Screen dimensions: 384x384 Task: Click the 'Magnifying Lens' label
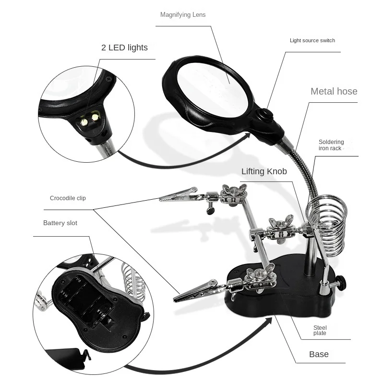[182, 15]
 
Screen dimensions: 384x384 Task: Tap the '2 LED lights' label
[124, 48]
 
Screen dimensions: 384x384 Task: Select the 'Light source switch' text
[312, 40]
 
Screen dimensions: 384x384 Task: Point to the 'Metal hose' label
[334, 91]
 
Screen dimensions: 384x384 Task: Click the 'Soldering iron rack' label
[331, 145]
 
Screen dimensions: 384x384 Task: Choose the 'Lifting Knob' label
[264, 171]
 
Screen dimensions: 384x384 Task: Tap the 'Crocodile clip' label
[68, 198]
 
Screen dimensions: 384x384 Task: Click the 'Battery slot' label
[60, 223]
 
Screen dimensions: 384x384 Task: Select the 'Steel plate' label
[320, 330]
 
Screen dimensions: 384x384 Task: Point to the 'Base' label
[319, 354]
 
